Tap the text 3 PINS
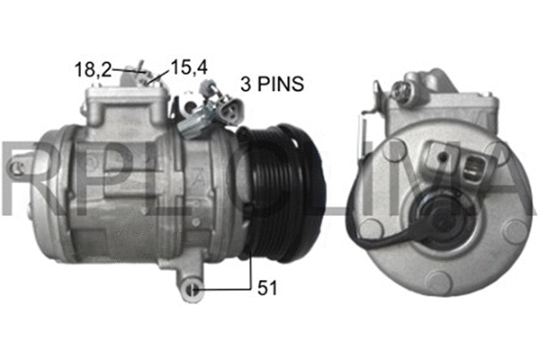[272, 85]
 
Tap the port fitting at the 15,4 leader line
[153, 81]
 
